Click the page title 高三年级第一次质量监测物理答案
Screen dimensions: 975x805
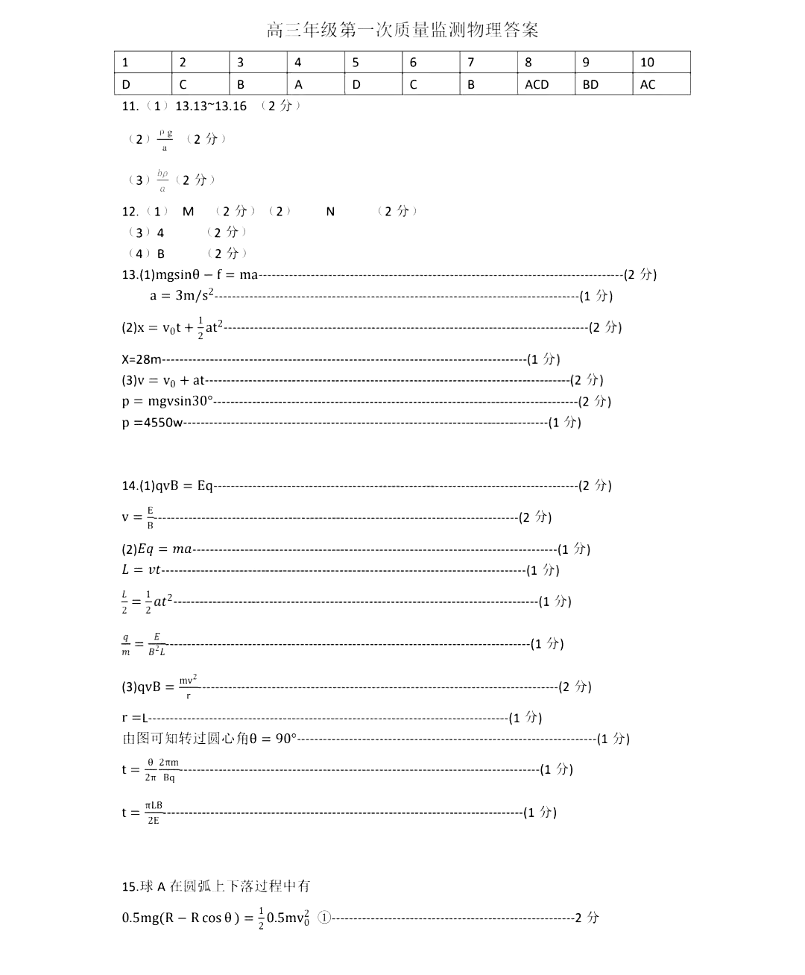[x=402, y=30]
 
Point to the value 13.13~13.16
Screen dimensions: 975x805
[x=210, y=106]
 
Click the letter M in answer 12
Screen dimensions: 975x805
[x=188, y=212]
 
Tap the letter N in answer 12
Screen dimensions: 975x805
[x=330, y=212]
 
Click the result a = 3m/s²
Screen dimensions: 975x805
[x=182, y=295]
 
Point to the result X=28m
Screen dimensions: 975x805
[x=142, y=359]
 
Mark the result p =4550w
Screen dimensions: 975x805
[x=153, y=423]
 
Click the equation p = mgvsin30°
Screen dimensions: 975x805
[x=168, y=401]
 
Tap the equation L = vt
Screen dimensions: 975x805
[x=141, y=570]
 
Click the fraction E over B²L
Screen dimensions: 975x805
[x=157, y=644]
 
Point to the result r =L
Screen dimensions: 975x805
[x=135, y=718]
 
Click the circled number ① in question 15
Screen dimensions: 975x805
[x=324, y=918]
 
